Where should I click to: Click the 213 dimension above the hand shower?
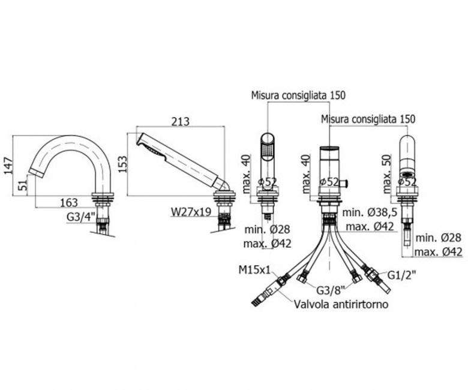181,121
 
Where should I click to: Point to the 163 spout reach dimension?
68,202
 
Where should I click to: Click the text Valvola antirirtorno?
341,304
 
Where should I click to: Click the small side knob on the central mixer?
347,181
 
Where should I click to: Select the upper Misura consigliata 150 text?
298,95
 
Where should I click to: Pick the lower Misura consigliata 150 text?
368,119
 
